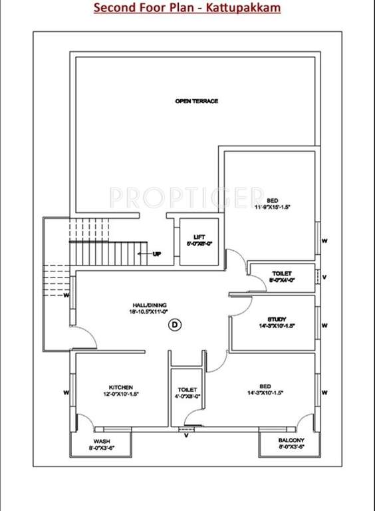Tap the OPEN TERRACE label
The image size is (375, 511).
point(196,101)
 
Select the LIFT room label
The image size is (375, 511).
point(199,237)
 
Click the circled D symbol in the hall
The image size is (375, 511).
point(175,325)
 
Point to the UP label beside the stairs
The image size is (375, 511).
point(157,254)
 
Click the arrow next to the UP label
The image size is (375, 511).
point(144,254)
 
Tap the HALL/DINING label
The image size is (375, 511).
point(149,305)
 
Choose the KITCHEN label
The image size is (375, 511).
point(121,387)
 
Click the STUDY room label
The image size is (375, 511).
point(277,319)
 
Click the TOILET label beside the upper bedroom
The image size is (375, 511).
point(282,273)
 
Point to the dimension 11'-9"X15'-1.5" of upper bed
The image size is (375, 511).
point(273,208)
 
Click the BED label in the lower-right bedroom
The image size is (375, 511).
point(265,385)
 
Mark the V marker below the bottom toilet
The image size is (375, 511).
point(186,436)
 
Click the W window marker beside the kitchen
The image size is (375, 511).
point(66,393)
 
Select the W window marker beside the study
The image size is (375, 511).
point(324,325)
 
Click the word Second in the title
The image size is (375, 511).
point(112,8)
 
